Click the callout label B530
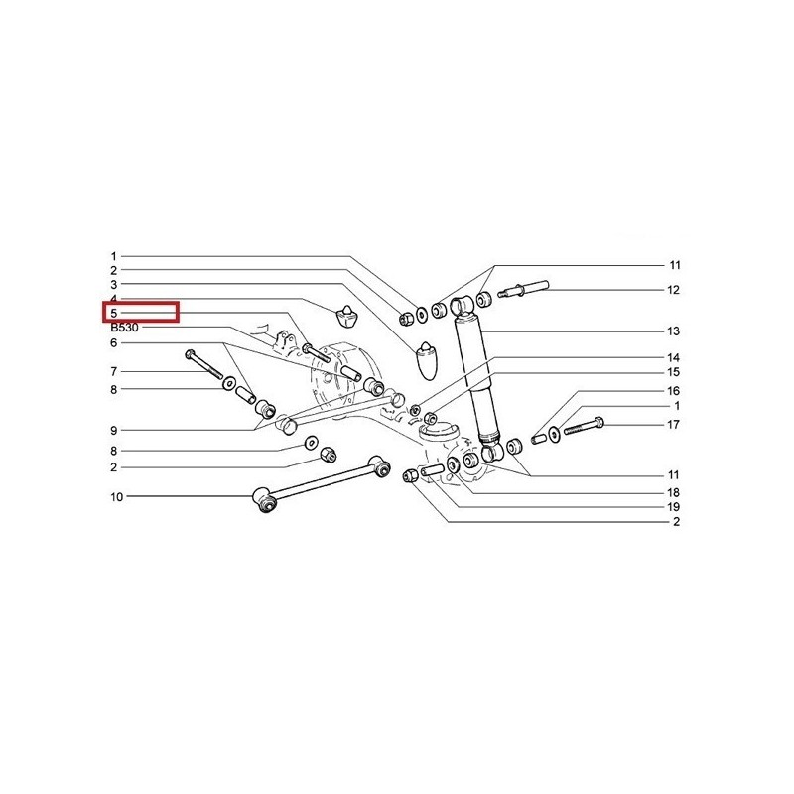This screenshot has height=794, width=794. (124, 328)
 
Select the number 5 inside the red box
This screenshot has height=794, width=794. (114, 314)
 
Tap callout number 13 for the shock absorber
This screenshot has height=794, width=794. (673, 331)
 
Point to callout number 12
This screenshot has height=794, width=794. (673, 290)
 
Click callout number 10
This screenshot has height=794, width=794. (117, 497)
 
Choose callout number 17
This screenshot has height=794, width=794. (673, 425)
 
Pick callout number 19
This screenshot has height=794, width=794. (673, 507)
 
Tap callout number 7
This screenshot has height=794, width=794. (114, 372)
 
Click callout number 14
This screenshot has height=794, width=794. (673, 358)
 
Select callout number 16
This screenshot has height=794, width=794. (673, 391)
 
